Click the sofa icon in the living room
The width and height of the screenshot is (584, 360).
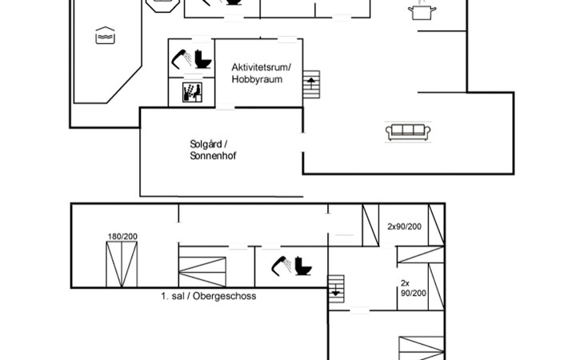tap(408, 132)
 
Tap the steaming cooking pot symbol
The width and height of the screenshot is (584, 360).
tap(422, 10)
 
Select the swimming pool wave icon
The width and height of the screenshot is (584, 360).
tap(105, 36)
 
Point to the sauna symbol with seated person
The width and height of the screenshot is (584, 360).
tap(192, 92)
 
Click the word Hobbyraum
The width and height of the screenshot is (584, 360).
tap(257, 79)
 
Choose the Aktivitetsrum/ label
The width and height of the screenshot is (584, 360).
tap(261, 67)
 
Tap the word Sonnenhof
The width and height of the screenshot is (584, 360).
tap(213, 156)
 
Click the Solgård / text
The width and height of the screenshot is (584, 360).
tap(209, 144)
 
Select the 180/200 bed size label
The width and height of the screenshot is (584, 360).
tap(122, 237)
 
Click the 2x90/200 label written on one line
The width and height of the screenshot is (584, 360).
tap(405, 226)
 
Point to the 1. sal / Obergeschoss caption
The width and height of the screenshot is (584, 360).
tap(209, 296)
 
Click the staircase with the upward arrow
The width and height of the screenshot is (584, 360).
tap(311, 85)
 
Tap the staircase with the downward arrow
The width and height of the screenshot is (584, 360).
tap(336, 289)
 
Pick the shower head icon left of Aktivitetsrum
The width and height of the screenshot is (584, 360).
tap(182, 59)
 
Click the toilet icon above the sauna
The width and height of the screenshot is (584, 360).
tap(203, 59)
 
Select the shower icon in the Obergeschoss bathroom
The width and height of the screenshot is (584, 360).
tap(282, 266)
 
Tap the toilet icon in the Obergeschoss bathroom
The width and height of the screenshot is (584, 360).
tap(303, 266)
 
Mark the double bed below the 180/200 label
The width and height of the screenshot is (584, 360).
tap(122, 264)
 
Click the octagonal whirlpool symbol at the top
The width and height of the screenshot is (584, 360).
tap(162, 6)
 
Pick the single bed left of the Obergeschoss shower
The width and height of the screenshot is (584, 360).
tap(202, 272)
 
